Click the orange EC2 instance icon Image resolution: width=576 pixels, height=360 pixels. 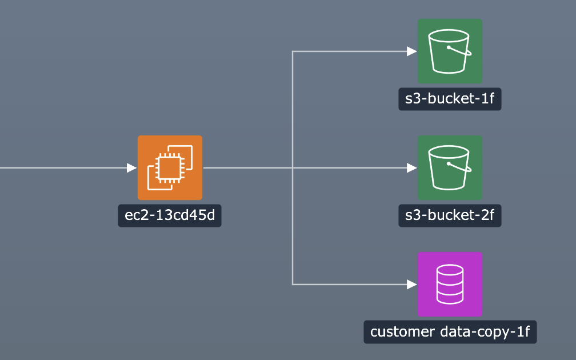(x=170, y=167)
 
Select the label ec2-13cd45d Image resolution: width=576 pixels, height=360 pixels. (x=170, y=216)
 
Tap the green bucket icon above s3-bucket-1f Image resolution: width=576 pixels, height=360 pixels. (x=450, y=51)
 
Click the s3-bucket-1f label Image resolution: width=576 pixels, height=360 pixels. (x=450, y=99)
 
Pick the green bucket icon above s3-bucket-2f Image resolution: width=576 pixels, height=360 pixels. (x=450, y=167)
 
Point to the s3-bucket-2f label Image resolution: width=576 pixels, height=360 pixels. (x=450, y=216)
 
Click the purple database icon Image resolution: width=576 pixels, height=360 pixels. (x=450, y=284)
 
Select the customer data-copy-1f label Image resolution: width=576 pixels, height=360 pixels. (x=450, y=332)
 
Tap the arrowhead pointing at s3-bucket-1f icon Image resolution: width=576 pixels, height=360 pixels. (x=412, y=51)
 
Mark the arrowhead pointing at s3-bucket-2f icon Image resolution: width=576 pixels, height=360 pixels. (x=412, y=168)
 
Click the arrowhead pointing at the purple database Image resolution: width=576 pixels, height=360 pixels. (x=412, y=284)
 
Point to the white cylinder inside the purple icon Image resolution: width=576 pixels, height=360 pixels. (x=450, y=284)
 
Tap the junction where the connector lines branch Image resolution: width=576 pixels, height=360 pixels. (x=293, y=168)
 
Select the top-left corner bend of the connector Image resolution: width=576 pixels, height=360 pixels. (x=293, y=51)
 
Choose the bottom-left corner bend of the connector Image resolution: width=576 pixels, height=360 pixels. (x=293, y=284)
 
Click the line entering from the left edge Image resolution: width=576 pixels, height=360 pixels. (x=57, y=168)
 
